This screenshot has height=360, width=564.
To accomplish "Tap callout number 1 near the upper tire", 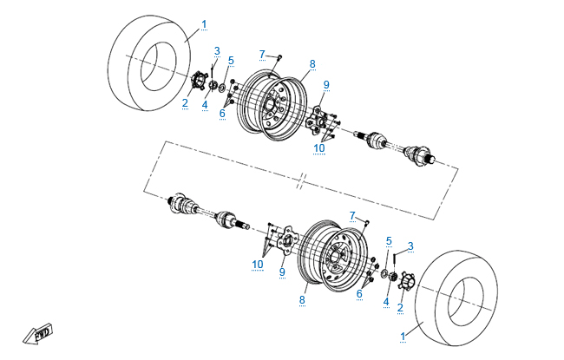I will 204,23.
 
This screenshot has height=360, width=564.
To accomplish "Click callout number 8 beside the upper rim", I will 312,63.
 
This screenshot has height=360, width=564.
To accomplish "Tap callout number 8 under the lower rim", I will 302,300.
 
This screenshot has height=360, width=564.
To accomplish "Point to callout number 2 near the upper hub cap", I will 185,102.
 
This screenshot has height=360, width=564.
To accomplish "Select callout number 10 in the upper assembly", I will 320,148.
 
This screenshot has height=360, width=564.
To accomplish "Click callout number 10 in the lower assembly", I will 258,263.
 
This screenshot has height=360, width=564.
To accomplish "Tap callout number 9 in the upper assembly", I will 326,84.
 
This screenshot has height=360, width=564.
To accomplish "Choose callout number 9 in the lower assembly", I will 282,272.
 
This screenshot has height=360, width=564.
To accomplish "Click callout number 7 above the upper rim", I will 261,55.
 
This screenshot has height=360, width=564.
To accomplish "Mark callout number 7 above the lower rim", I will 352,214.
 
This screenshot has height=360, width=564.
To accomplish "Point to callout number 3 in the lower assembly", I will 410,245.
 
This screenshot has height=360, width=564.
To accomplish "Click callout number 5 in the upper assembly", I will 231,60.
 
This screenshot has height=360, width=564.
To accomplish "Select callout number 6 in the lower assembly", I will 358,294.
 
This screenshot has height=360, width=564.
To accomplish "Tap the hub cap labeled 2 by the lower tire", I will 401,280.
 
